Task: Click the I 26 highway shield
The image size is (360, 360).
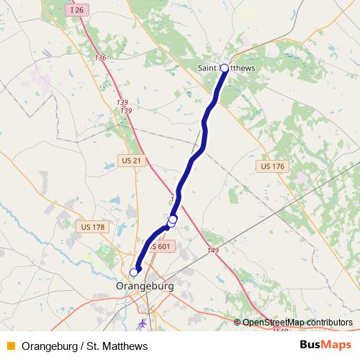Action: coord(78,11)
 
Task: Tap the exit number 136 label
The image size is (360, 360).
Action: coord(100,58)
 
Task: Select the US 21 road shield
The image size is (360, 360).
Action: coord(131,160)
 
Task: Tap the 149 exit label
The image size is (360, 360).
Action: coord(212,250)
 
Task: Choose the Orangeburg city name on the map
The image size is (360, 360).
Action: coord(145,286)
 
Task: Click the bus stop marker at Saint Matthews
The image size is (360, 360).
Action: coord(224,68)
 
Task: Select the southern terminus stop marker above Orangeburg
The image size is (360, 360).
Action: coord(133,272)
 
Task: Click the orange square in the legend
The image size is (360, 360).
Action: coord(10,346)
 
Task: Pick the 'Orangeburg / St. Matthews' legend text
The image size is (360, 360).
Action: coord(85,346)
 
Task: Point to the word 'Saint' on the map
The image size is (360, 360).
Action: coord(208,68)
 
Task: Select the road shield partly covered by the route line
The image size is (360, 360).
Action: coord(162,246)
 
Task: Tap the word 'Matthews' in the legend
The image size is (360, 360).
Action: coord(125,346)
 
